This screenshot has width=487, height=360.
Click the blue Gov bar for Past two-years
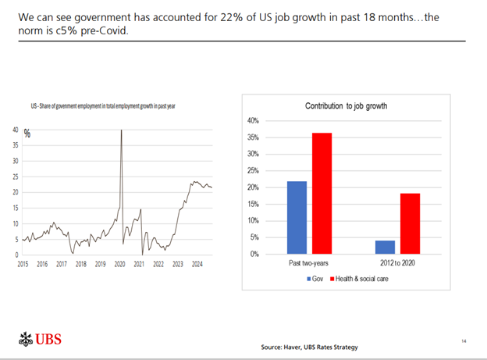[297, 217]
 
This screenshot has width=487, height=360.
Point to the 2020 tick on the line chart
[119, 265]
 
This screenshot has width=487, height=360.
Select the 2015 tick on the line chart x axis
[23, 265]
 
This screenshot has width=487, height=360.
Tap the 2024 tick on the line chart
[197, 265]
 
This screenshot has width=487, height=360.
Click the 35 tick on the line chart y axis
[16, 145]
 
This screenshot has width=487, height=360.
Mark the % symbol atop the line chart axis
[27, 134]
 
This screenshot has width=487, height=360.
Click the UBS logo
[38, 340]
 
